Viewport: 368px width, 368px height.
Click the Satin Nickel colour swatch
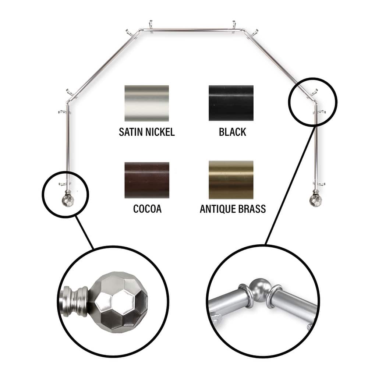[x=147, y=103]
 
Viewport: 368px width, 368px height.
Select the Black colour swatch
[x=231, y=103]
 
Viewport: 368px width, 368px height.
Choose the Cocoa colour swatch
[x=147, y=180]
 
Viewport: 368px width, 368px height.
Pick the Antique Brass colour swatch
[x=231, y=180]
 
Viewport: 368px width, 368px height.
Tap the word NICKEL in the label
[x=160, y=132]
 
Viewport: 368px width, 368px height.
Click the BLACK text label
[x=232, y=132]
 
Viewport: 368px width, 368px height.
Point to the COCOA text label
[x=147, y=209]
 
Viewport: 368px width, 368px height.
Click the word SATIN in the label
[x=131, y=132]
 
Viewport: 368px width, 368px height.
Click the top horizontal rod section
[x=191, y=30]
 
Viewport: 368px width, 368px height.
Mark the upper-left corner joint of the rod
[x=141, y=30]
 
